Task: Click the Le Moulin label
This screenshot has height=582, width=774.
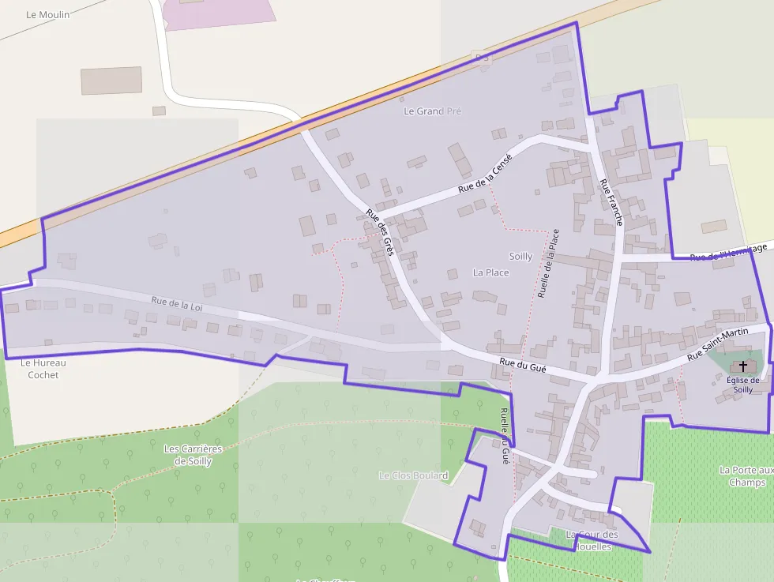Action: tap(47, 14)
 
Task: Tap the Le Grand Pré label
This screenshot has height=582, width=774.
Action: tap(432, 111)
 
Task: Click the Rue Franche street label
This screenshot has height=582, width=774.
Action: tap(611, 203)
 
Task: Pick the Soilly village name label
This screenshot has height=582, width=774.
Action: tap(520, 257)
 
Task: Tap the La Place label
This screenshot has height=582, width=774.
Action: tap(490, 272)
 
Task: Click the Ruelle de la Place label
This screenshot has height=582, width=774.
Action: tap(548, 264)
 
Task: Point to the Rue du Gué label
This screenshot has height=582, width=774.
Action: tap(523, 366)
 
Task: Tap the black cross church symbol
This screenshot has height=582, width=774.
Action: tap(743, 366)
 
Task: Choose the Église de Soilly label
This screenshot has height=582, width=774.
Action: tap(742, 385)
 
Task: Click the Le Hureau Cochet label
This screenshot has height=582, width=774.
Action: tap(43, 369)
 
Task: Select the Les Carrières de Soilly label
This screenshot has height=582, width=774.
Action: tap(193, 455)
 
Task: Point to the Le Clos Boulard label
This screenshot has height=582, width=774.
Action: tap(413, 475)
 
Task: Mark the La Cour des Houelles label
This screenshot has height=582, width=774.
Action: tap(592, 540)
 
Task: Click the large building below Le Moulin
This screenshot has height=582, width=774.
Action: tap(111, 81)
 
